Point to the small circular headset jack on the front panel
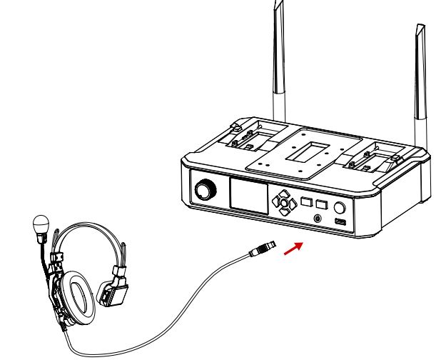(x=317, y=219)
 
